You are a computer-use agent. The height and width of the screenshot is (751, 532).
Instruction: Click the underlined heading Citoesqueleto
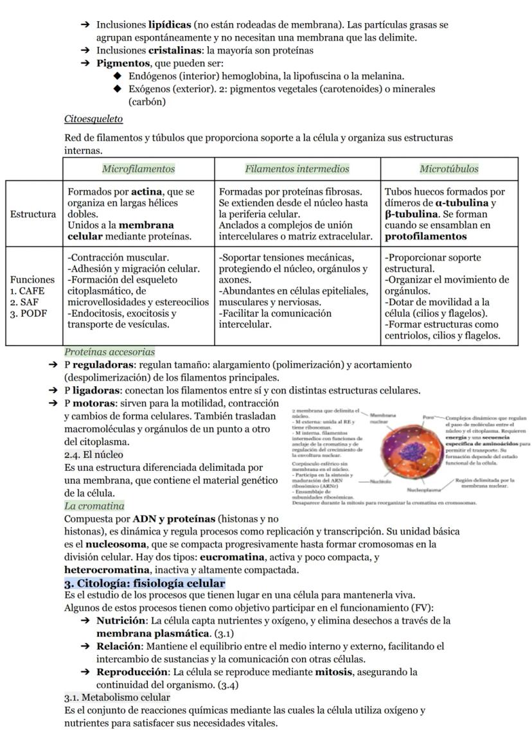[94, 119]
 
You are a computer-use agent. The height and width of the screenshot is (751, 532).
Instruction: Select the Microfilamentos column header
[138, 169]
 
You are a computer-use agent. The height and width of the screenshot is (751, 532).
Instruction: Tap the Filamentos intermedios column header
[297, 169]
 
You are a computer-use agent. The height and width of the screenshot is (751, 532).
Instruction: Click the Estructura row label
[33, 214]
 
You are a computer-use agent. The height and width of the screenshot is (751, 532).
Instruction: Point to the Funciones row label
[32, 280]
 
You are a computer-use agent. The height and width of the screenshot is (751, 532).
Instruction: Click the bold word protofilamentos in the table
[426, 236]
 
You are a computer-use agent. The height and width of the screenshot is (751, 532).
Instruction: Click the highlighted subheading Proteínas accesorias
[109, 352]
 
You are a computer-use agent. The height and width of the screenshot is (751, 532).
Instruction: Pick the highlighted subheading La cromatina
[94, 506]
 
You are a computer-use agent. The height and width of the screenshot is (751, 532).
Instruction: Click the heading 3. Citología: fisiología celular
[145, 583]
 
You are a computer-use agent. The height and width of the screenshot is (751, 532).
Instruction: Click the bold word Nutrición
[121, 621]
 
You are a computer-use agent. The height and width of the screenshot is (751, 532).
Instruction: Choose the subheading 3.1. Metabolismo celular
[118, 697]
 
